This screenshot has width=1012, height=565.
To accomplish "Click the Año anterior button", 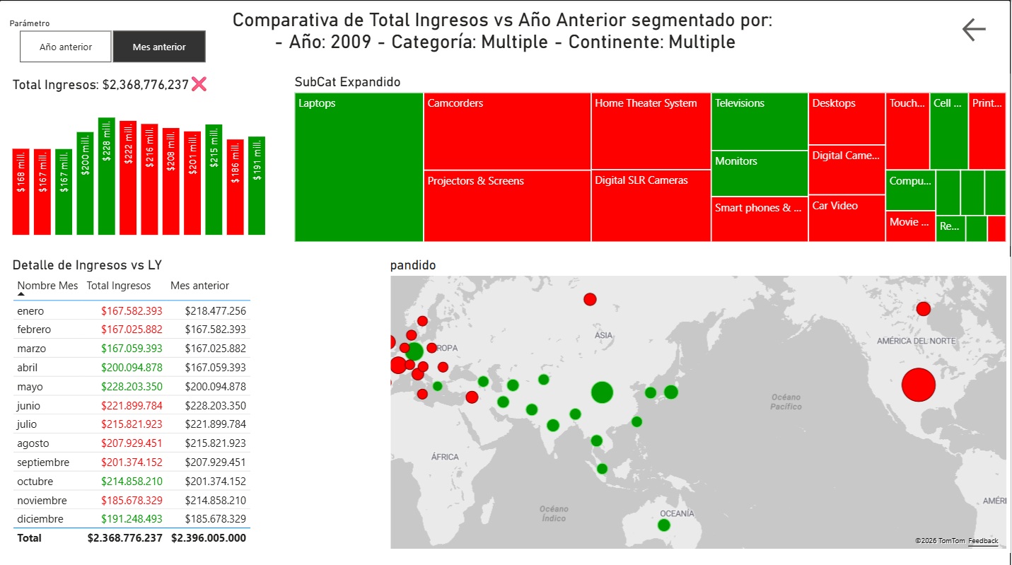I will [66, 47].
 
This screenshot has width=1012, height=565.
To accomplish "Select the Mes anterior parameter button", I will [159, 47].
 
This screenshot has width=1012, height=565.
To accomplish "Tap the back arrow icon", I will [974, 29].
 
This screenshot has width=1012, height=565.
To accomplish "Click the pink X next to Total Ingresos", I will [199, 84].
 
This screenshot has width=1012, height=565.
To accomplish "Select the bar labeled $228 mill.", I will [107, 176].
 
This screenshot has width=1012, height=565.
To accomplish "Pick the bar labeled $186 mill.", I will [235, 187].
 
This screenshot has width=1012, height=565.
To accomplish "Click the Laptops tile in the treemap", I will [359, 167].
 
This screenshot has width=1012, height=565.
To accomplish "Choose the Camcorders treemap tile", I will [507, 131].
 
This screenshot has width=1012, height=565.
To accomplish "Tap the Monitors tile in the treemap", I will [759, 173].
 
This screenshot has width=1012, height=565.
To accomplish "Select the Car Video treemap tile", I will [846, 218].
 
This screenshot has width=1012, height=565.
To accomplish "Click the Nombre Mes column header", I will [47, 286].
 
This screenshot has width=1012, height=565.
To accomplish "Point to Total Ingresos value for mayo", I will [132, 387].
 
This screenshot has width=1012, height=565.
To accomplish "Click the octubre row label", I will [35, 482].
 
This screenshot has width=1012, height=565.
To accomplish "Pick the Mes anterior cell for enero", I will [215, 311].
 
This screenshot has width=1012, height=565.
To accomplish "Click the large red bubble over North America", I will [918, 385].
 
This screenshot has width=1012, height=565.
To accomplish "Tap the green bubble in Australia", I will [663, 525].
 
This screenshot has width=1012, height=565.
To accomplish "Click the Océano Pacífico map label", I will [786, 402].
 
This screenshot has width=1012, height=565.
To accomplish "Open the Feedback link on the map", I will [983, 541].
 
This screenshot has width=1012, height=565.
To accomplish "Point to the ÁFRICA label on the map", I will [445, 457].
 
